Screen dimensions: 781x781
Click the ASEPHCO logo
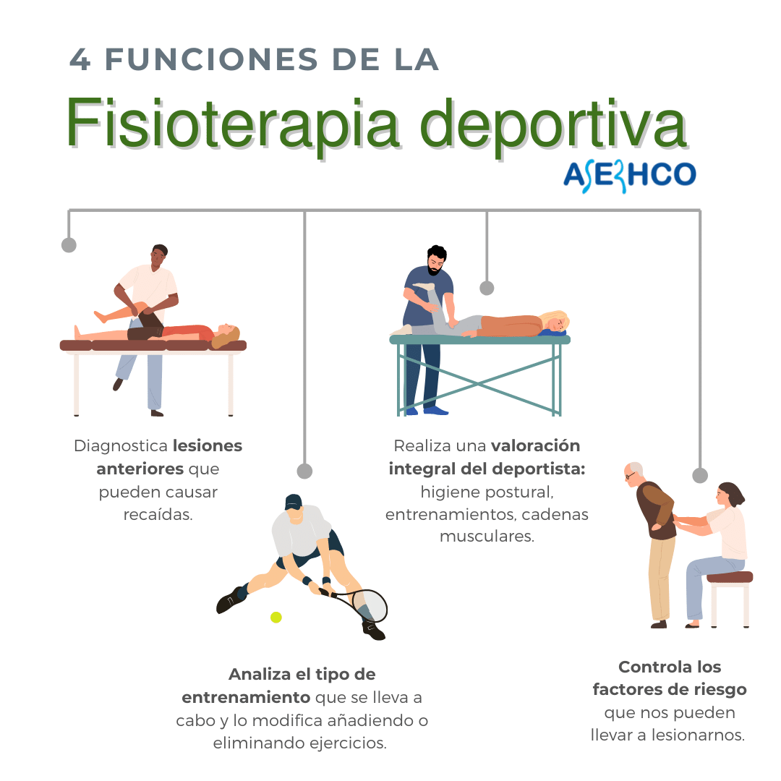629,175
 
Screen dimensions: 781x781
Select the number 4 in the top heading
80,60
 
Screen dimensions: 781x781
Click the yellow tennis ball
276,617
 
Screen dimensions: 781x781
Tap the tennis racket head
370,605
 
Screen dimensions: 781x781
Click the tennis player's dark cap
293,501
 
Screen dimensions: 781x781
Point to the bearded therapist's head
437,260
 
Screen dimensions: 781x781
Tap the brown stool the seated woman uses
730,578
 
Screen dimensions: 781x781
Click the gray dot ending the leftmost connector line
69,245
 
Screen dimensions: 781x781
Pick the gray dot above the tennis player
304,471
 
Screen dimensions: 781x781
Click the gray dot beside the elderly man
699,475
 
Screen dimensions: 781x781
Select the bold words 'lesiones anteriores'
171,457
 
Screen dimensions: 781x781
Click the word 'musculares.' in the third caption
487,537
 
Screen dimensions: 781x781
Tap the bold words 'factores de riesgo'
669,689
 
